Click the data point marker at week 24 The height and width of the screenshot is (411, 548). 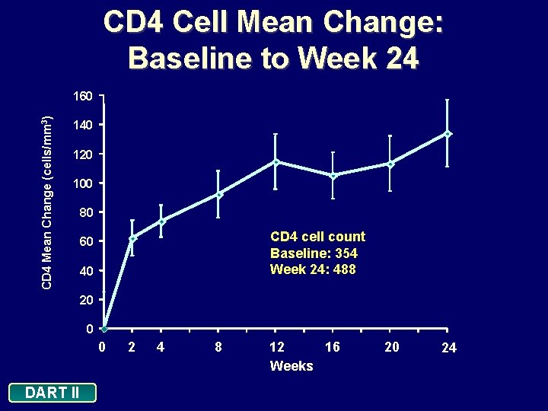click(448, 134)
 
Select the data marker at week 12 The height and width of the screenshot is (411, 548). click(276, 161)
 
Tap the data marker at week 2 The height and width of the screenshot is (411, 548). click(132, 239)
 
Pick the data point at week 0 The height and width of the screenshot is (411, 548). click(104, 329)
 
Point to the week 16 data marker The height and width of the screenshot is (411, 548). click(333, 176)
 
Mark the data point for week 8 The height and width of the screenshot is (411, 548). click(218, 195)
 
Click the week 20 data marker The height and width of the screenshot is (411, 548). click(390, 164)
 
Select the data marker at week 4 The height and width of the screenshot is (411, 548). click(161, 221)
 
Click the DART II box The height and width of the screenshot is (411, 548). click(52, 393)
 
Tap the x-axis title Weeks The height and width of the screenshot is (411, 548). click(292, 366)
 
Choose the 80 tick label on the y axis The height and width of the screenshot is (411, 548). click(85, 213)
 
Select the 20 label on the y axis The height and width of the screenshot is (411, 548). click(85, 301)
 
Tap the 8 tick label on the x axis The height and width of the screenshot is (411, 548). click(218, 347)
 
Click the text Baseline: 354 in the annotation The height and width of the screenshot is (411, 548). click(314, 253)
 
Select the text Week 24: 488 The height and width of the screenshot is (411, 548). click(313, 269)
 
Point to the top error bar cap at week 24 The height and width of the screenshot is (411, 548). click(448, 100)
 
